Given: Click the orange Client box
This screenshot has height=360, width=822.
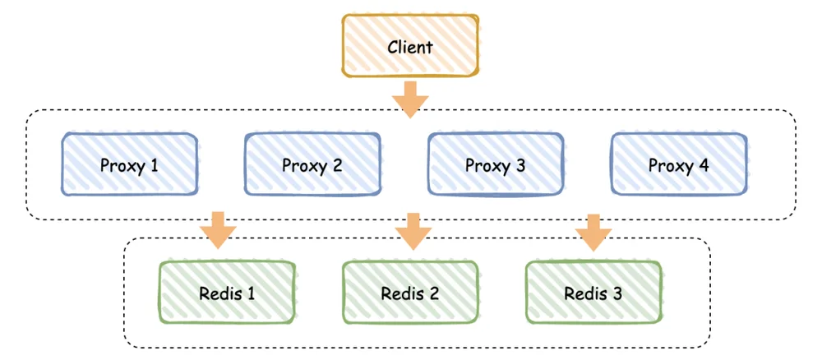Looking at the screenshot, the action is [x=410, y=46].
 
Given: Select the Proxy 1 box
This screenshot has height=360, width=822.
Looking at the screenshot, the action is [x=130, y=164].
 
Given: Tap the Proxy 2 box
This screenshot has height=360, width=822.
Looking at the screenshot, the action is [x=312, y=164].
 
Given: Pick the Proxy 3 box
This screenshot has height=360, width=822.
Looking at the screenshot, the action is [x=496, y=164].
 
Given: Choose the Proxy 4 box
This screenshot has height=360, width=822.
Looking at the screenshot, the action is [x=679, y=164].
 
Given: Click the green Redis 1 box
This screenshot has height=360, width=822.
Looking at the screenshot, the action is [x=227, y=293].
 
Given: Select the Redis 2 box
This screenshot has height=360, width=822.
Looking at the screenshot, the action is [x=410, y=293].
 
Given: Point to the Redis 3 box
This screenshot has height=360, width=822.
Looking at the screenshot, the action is [x=593, y=293].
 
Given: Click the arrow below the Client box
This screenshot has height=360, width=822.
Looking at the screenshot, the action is [x=410, y=99].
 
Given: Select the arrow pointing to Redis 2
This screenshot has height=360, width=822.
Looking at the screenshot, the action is [x=413, y=231].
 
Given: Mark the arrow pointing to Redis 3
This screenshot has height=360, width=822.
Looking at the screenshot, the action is [x=593, y=232].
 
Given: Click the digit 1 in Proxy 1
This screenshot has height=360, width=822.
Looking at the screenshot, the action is [x=154, y=165].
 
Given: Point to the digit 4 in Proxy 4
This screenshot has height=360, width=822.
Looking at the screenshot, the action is [x=704, y=165].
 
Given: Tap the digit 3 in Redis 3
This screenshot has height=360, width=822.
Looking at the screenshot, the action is [x=617, y=293].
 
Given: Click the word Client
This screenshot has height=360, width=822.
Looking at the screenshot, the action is [x=410, y=47].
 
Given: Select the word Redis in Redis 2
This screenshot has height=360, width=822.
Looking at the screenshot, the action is [x=400, y=293].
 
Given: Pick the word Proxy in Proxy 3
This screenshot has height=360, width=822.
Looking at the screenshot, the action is [x=485, y=167].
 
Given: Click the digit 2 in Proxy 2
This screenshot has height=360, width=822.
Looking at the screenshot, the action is [x=337, y=165].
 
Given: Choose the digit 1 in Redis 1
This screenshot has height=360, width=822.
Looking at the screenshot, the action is [x=251, y=293].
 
